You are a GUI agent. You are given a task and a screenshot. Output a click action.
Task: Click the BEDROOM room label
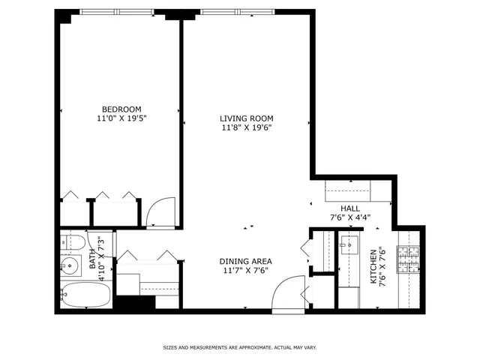(121, 108)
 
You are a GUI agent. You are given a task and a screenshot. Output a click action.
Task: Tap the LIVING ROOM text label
(246, 118)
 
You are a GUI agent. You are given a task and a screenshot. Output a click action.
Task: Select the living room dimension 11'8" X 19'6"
(246, 127)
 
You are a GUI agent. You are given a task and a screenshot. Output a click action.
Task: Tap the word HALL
(350, 208)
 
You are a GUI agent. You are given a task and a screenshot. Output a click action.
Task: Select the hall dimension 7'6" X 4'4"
(350, 218)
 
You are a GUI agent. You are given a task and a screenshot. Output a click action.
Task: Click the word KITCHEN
(373, 267)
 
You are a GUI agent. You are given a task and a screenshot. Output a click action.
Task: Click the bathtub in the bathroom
(85, 294)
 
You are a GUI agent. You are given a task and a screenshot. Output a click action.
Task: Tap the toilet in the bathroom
(72, 242)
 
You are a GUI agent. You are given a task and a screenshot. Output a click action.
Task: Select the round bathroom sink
(71, 265)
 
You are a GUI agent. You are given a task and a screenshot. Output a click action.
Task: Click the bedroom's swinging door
(161, 213)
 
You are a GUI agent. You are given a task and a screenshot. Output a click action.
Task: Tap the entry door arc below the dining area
(287, 293)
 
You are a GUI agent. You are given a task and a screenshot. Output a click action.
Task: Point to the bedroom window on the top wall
(116, 12)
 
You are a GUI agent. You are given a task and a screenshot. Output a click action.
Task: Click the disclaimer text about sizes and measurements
(240, 347)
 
